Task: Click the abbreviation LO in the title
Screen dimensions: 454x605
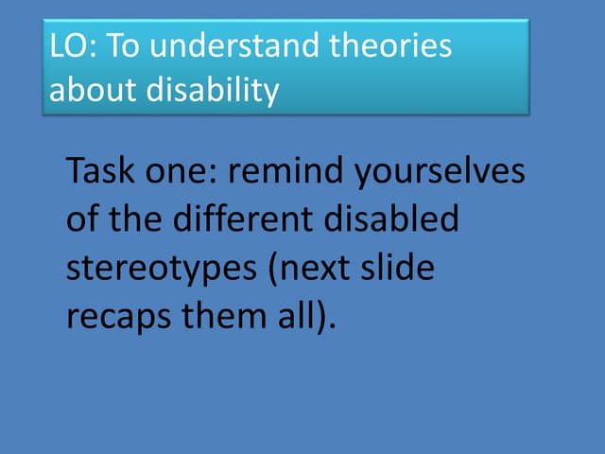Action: (67, 48)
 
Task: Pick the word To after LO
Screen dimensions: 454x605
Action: (116, 48)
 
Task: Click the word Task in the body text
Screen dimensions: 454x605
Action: (101, 173)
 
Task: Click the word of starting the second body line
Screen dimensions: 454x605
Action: (83, 221)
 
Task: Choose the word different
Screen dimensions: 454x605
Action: (242, 221)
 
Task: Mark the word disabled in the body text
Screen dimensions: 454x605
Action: (393, 221)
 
